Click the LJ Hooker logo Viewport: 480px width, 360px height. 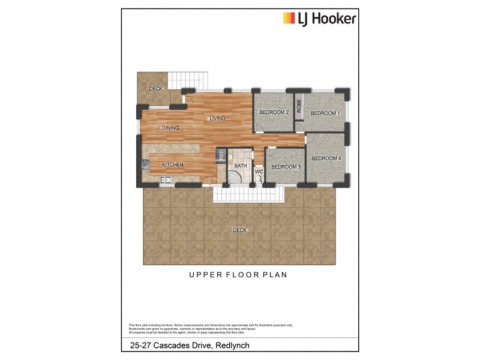pos(319,19)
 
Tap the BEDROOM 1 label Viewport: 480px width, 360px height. pos(325,113)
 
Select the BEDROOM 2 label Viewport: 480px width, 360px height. pos(274,112)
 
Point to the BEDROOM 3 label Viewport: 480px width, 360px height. pos(286,167)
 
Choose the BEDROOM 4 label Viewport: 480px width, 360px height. pos(326,158)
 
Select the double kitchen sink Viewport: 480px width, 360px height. pos(165,179)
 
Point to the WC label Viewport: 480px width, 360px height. pos(259,172)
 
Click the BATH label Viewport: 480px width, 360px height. pos(241,165)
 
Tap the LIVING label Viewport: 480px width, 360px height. pos(217,118)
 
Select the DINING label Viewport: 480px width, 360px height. pos(170,128)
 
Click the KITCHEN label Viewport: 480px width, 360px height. pos(172,164)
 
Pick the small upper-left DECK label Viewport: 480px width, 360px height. pos(156,89)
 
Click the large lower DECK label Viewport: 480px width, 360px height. pos(240,230)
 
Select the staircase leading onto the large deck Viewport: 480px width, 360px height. pos(248,194)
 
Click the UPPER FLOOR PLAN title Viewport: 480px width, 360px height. pos(239,275)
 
